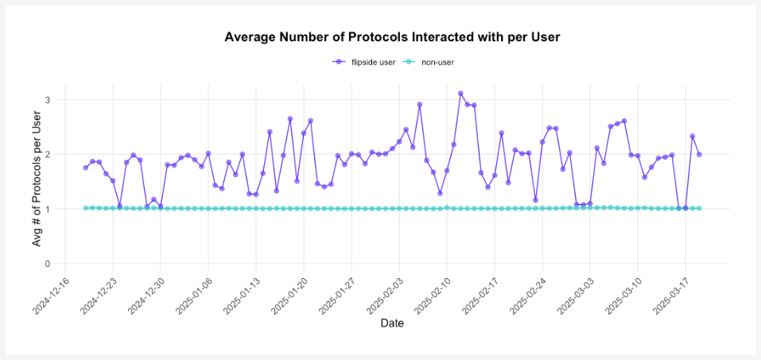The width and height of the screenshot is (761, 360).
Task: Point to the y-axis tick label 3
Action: (x=48, y=100)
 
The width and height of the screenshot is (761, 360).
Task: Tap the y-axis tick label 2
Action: (x=48, y=154)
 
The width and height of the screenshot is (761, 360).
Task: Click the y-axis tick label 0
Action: (x=48, y=264)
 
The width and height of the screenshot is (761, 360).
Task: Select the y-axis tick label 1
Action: (x=48, y=209)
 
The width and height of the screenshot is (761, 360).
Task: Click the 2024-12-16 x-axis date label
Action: (x=51, y=295)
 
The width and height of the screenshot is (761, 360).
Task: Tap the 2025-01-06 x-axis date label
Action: (x=194, y=295)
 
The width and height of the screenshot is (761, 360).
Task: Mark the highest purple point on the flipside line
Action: (x=460, y=94)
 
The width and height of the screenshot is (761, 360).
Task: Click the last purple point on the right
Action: (x=699, y=154)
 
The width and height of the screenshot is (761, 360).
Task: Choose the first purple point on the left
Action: (x=86, y=168)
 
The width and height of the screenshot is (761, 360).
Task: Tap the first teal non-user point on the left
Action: (x=86, y=208)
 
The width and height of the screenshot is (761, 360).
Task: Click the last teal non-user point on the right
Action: (x=699, y=208)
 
